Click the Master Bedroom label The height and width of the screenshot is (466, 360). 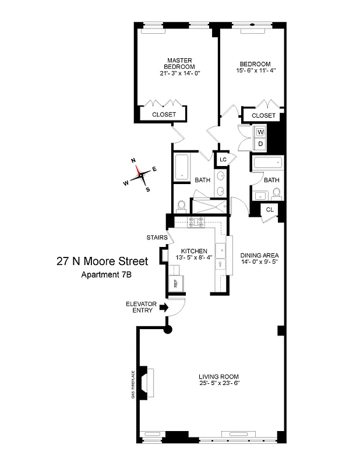pyautogui.click(x=176, y=63)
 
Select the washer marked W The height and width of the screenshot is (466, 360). pyautogui.click(x=260, y=132)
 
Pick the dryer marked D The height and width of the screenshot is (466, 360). pyautogui.click(x=260, y=144)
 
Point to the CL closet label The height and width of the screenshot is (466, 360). pyautogui.click(x=270, y=210)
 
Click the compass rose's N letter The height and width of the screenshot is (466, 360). pyautogui.click(x=133, y=160)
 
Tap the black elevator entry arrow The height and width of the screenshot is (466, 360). pyautogui.click(x=164, y=306)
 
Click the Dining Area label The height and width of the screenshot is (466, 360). pyautogui.click(x=260, y=255)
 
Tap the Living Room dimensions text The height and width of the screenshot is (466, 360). pyautogui.click(x=219, y=383)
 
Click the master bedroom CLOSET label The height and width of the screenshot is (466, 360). pyautogui.click(x=164, y=115)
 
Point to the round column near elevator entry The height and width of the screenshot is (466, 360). pyautogui.click(x=168, y=330)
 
